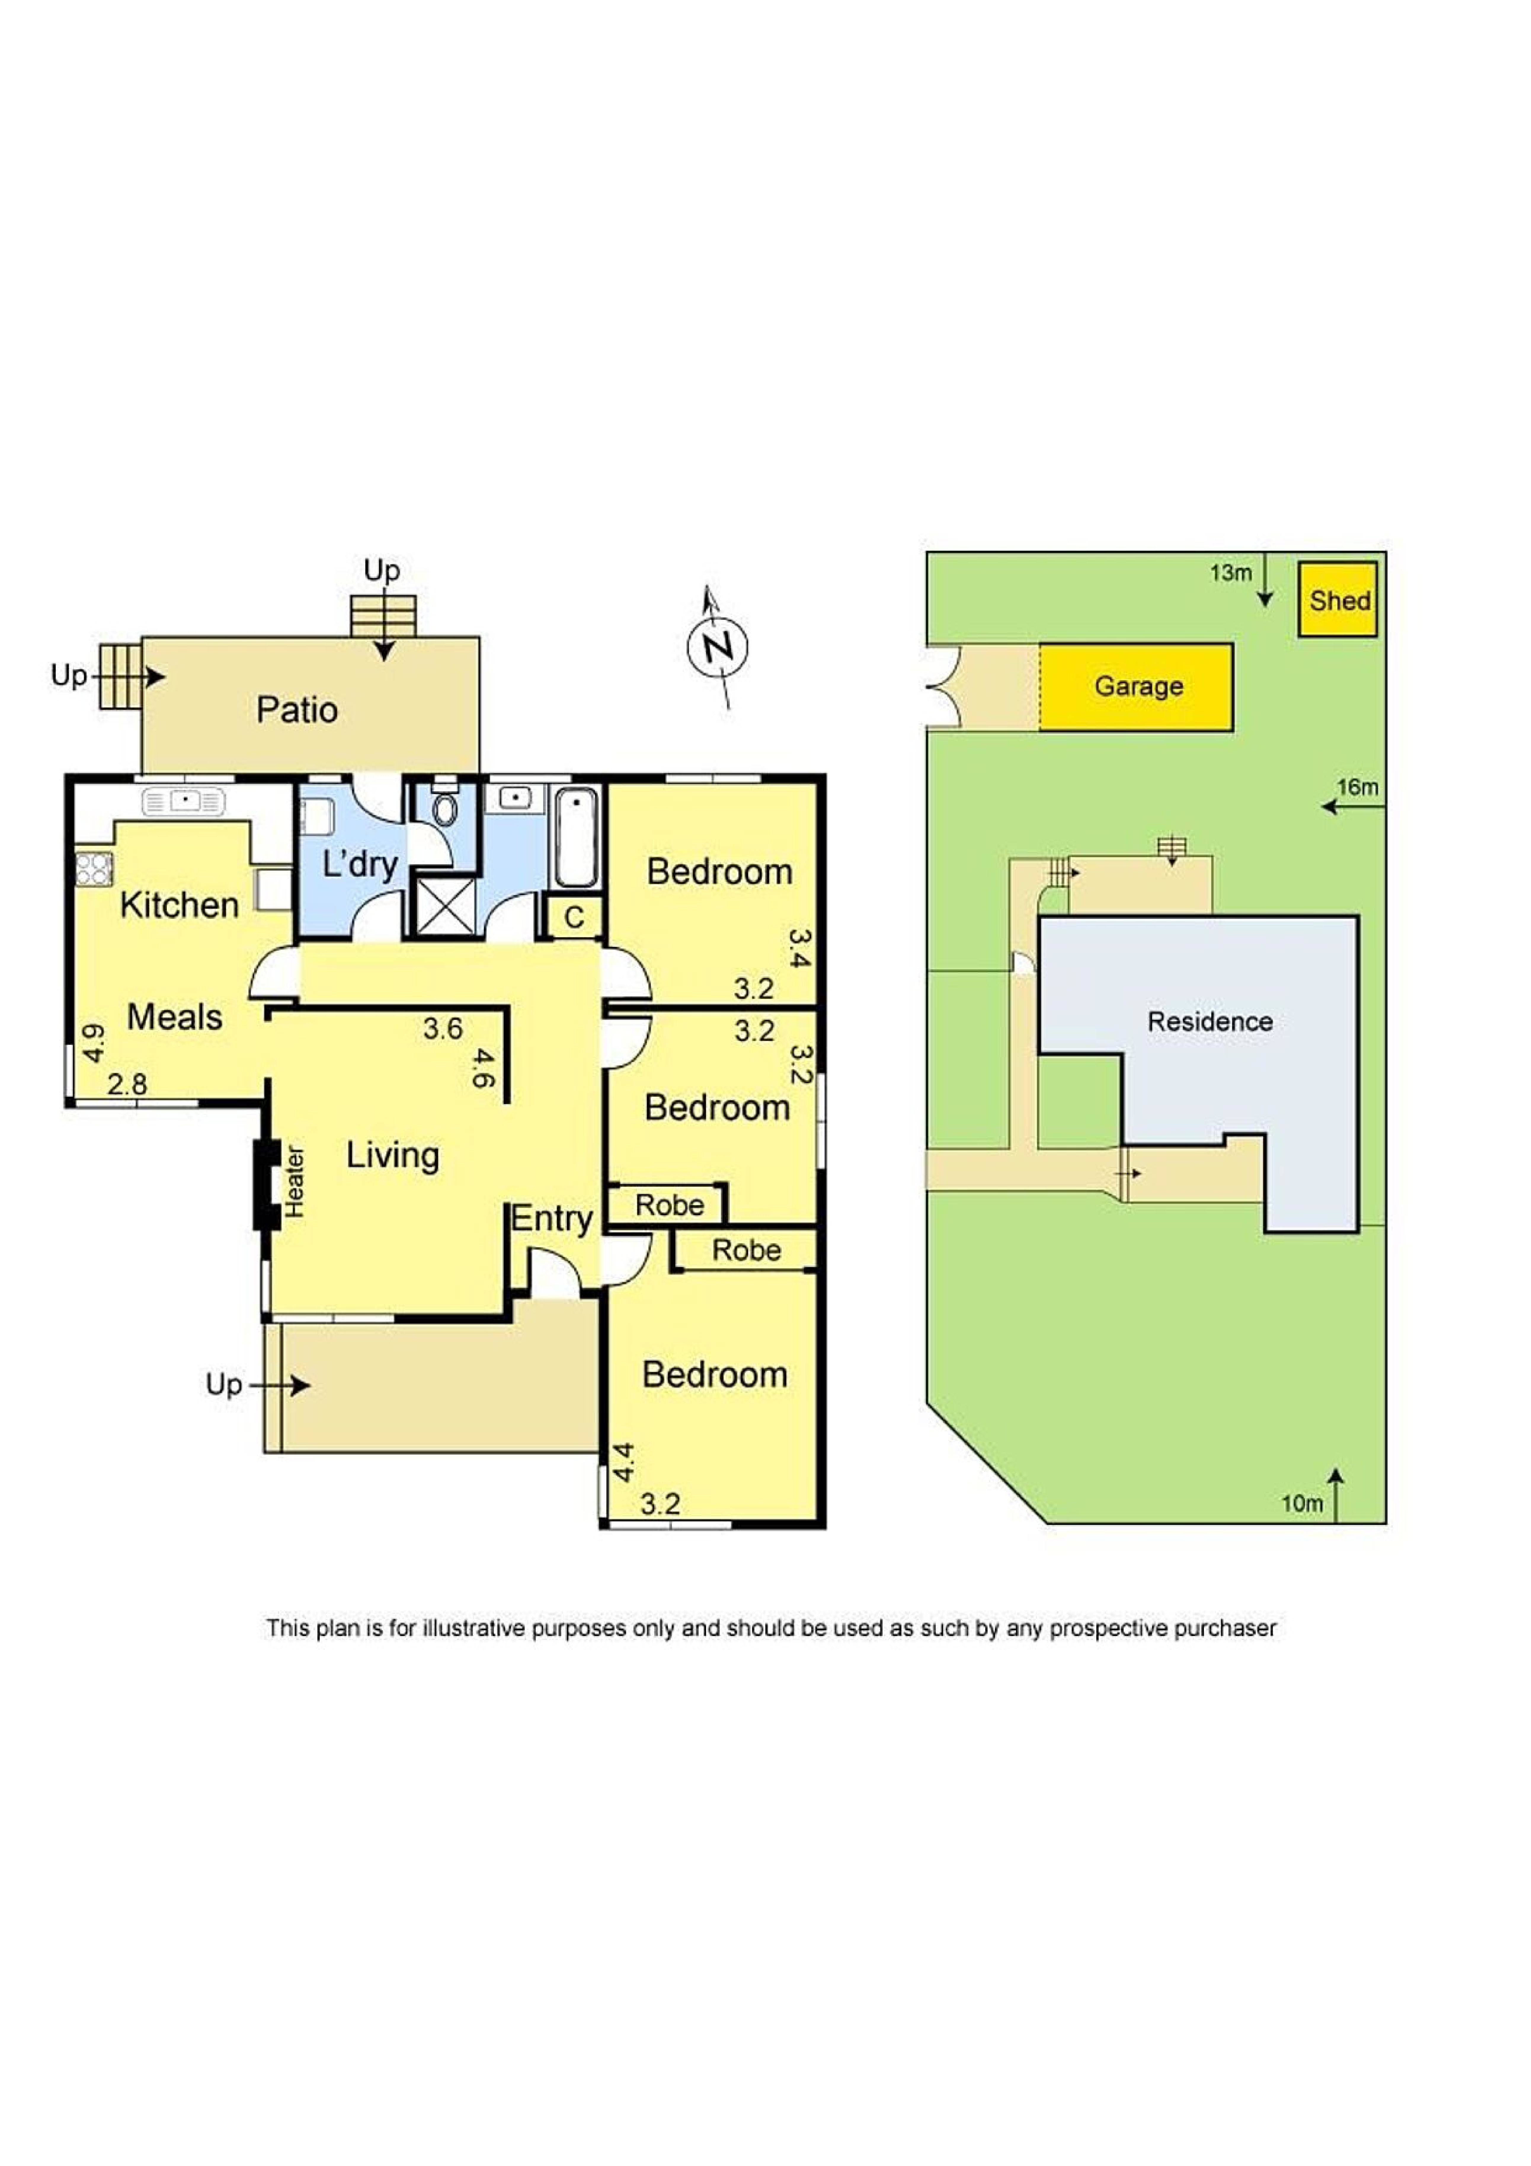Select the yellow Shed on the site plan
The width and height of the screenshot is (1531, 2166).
point(1338,600)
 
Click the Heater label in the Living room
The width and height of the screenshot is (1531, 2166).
point(294,1181)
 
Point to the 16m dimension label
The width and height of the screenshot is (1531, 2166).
point(1356,787)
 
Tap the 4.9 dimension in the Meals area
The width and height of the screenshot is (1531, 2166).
point(93,1043)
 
